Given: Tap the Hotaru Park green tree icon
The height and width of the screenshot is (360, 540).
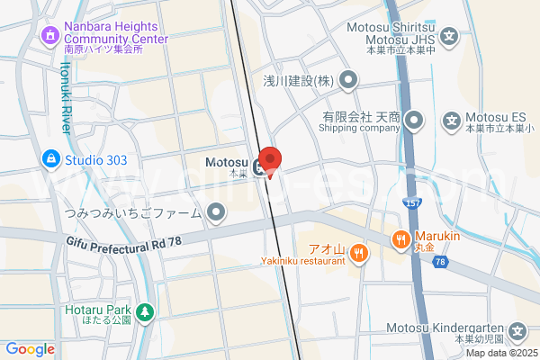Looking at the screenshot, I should pyautogui.click(x=145, y=311).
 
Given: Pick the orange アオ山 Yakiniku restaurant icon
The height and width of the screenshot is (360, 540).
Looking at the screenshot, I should pyautogui.click(x=359, y=252).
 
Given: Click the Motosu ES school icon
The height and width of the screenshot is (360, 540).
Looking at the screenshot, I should pyautogui.click(x=452, y=119).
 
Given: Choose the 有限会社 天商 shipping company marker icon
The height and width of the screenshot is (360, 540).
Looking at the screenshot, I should pyautogui.click(x=414, y=119).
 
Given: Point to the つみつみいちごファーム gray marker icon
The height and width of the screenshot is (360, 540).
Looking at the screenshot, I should pyautogui.click(x=216, y=212).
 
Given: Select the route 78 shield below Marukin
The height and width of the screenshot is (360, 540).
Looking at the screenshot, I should pyautogui.click(x=439, y=262).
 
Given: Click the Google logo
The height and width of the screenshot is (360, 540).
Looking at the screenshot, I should pyautogui.click(x=30, y=349).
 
